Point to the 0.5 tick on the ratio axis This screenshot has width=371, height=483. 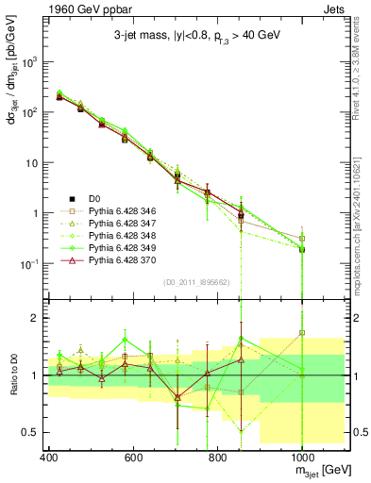click(x=31, y=432)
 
